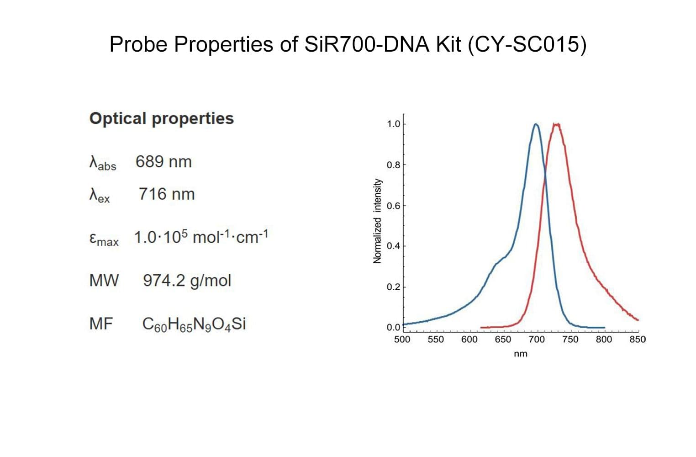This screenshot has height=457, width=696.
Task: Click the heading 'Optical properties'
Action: click(x=161, y=118)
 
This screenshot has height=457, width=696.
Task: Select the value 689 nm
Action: click(x=163, y=162)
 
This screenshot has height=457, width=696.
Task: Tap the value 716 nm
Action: click(x=167, y=194)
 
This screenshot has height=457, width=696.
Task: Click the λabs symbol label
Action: click(x=102, y=163)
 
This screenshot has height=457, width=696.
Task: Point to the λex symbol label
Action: click(x=100, y=196)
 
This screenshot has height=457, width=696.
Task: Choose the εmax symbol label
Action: click(x=104, y=239)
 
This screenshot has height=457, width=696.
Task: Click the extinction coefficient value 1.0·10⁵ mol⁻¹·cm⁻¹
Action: click(x=201, y=237)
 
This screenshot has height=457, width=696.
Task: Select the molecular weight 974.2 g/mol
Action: click(x=187, y=280)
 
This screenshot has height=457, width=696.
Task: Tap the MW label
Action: click(x=104, y=280)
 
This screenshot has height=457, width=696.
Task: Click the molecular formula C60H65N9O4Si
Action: click(x=194, y=324)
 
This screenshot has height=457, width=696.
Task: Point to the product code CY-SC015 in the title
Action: click(x=527, y=45)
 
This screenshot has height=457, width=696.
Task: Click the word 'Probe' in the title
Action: click(x=139, y=45)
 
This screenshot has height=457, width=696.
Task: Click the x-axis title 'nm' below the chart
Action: click(x=520, y=354)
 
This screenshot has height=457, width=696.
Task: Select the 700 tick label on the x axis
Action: click(x=537, y=340)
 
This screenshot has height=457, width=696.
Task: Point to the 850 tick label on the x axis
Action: click(x=638, y=340)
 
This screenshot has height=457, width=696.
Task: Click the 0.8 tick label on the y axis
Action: click(x=393, y=165)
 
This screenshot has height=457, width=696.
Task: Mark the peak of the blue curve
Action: click(x=536, y=124)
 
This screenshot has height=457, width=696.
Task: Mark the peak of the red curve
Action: click(x=556, y=124)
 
